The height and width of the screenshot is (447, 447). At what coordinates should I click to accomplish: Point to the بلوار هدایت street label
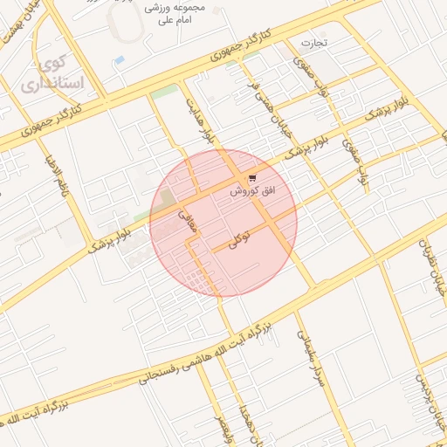pyautogui.click(x=199, y=121)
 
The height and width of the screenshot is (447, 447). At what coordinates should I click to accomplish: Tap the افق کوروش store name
pyautogui.click(x=252, y=189)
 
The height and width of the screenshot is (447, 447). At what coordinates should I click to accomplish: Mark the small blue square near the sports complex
pyautogui.click(x=119, y=59)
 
